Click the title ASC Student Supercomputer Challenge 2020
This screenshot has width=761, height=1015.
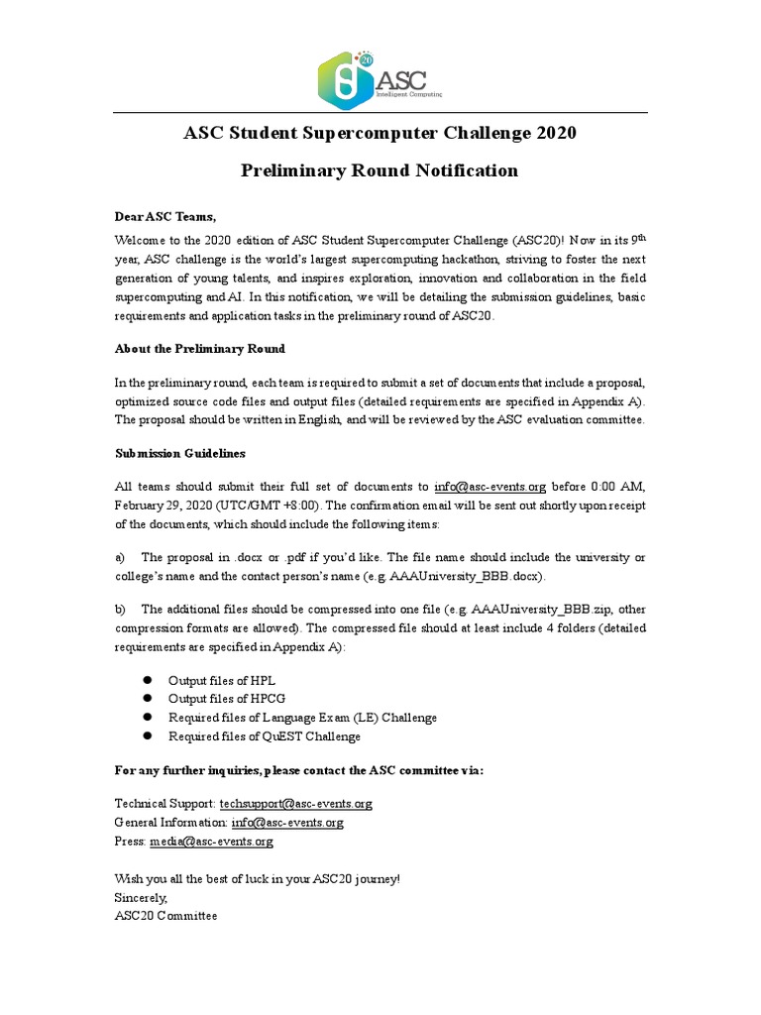380,133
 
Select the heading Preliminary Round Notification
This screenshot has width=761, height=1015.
380,170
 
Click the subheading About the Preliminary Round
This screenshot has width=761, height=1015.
200,348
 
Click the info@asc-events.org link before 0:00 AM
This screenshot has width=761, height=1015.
489,487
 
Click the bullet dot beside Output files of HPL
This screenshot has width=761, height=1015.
144,681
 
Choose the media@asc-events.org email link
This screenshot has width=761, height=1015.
211,842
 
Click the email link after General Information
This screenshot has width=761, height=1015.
287,823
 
